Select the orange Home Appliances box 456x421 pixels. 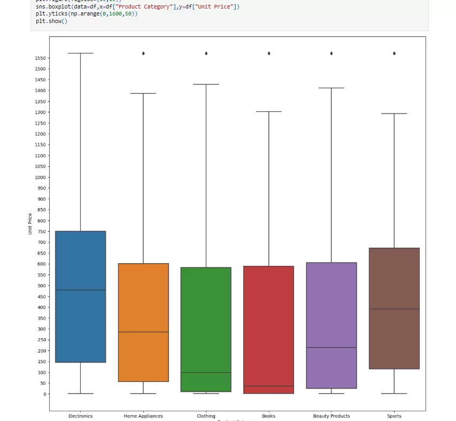[x=143, y=300]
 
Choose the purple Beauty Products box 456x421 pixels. [x=331, y=300]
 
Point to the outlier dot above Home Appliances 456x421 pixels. [x=143, y=53]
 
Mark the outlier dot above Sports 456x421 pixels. [x=395, y=53]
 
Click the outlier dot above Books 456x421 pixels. [x=269, y=53]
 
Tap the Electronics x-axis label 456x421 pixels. [x=80, y=416]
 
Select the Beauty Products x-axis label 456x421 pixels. [x=331, y=416]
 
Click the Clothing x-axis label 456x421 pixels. [x=206, y=416]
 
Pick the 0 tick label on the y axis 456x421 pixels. [x=44, y=394]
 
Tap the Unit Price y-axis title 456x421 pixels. [x=30, y=224]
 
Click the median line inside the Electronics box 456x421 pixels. [x=80, y=290]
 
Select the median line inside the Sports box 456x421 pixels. [x=394, y=309]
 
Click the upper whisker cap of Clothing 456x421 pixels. [x=206, y=85]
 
